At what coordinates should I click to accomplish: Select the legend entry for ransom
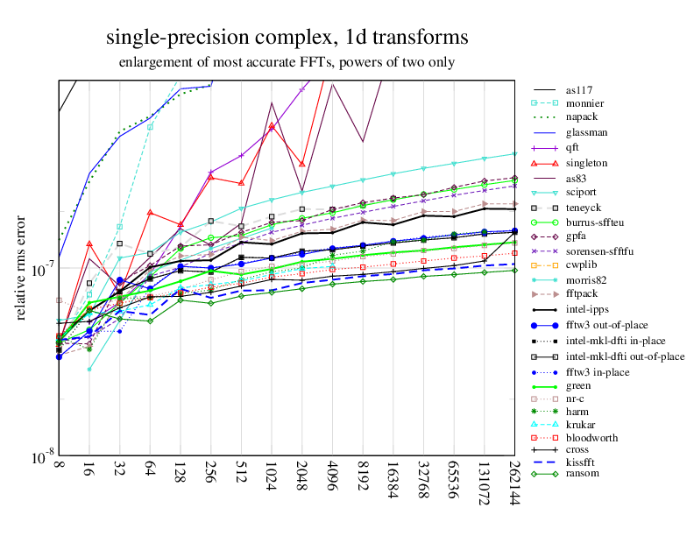coord(584,475)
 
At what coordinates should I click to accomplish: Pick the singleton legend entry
coord(586,163)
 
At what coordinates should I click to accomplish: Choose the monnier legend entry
coord(585,103)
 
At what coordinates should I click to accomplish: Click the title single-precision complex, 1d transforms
coord(287,38)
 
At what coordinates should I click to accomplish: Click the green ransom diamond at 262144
coord(513,270)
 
